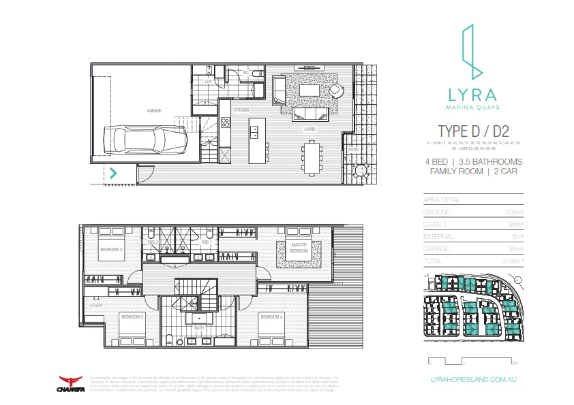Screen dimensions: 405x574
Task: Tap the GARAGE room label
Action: coord(153,110)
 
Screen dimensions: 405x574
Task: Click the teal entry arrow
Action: coord(113,173)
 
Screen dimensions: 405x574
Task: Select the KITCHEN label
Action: coord(241,110)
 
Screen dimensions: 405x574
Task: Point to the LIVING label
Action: coord(309,127)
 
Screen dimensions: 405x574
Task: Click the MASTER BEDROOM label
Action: coord(299,248)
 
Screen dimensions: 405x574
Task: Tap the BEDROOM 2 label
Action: coord(112,250)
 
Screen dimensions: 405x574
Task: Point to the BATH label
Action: coord(198,327)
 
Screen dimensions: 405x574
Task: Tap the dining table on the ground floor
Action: coord(312,158)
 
